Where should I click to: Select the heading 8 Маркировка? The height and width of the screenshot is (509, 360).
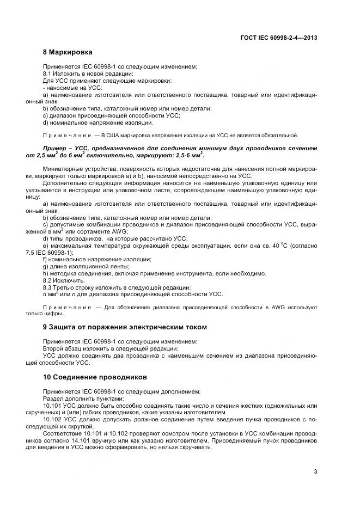68,52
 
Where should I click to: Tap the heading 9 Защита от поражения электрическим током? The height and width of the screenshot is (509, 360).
117,327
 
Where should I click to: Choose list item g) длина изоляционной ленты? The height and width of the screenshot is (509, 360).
86,266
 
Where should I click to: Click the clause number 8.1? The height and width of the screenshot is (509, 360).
47,73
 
